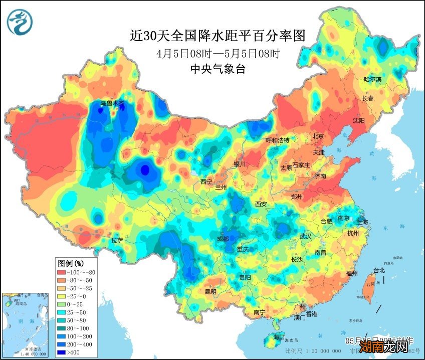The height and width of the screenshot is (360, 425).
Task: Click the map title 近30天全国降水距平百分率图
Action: click(218, 36)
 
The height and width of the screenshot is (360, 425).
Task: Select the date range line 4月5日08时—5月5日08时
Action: click(218, 53)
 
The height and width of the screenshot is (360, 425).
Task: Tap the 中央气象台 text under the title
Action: click(218, 70)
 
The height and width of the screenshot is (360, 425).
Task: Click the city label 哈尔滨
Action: click(372, 79)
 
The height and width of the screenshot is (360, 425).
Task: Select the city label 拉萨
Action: click(117, 241)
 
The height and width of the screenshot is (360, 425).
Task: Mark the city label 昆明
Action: click(210, 292)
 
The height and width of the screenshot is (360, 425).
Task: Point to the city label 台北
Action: click(378, 270)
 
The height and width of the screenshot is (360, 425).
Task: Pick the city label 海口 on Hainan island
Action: click(278, 336)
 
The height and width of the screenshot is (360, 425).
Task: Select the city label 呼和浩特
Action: click(277, 140)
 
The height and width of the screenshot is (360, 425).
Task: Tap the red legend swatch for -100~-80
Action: click(64, 272)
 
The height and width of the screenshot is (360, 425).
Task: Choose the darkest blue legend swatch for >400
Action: click(64, 352)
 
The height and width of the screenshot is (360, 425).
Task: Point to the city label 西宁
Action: click(206, 182)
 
